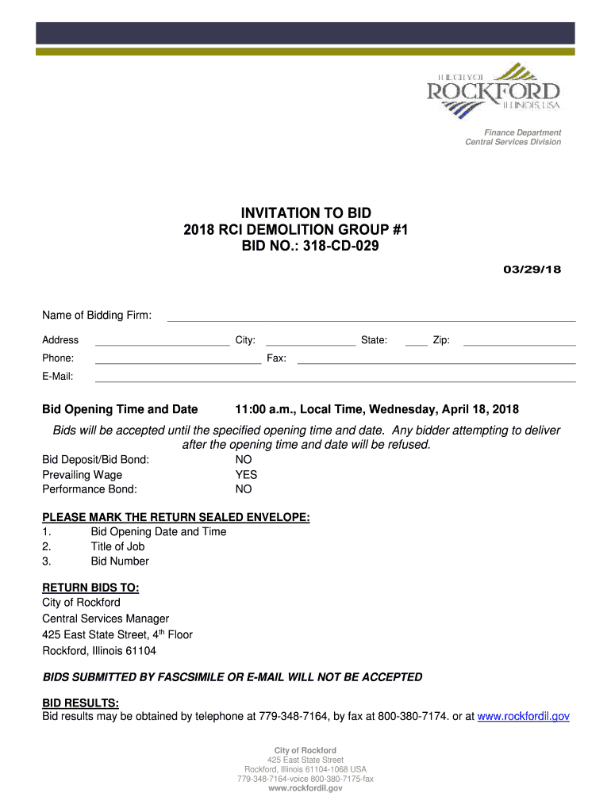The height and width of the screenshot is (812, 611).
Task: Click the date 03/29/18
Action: pos(532,269)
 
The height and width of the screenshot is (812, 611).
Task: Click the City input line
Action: pos(309,344)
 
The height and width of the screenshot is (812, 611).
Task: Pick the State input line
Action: pos(416,344)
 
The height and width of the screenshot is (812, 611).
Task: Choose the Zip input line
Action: pos(519,344)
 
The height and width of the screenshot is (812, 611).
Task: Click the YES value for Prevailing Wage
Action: pos(246,475)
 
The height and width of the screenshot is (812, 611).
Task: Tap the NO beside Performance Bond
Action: pos(244,489)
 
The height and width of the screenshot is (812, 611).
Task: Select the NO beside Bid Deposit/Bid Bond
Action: pos(244,460)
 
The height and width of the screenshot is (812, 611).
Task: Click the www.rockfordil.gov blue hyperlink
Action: pos(523,716)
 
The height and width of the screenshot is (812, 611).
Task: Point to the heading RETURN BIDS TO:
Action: pos(90,588)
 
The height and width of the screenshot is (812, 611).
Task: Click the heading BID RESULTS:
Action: pos(80,703)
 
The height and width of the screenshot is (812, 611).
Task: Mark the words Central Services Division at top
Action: pos(513,142)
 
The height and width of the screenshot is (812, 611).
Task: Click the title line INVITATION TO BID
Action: pos(306,213)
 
